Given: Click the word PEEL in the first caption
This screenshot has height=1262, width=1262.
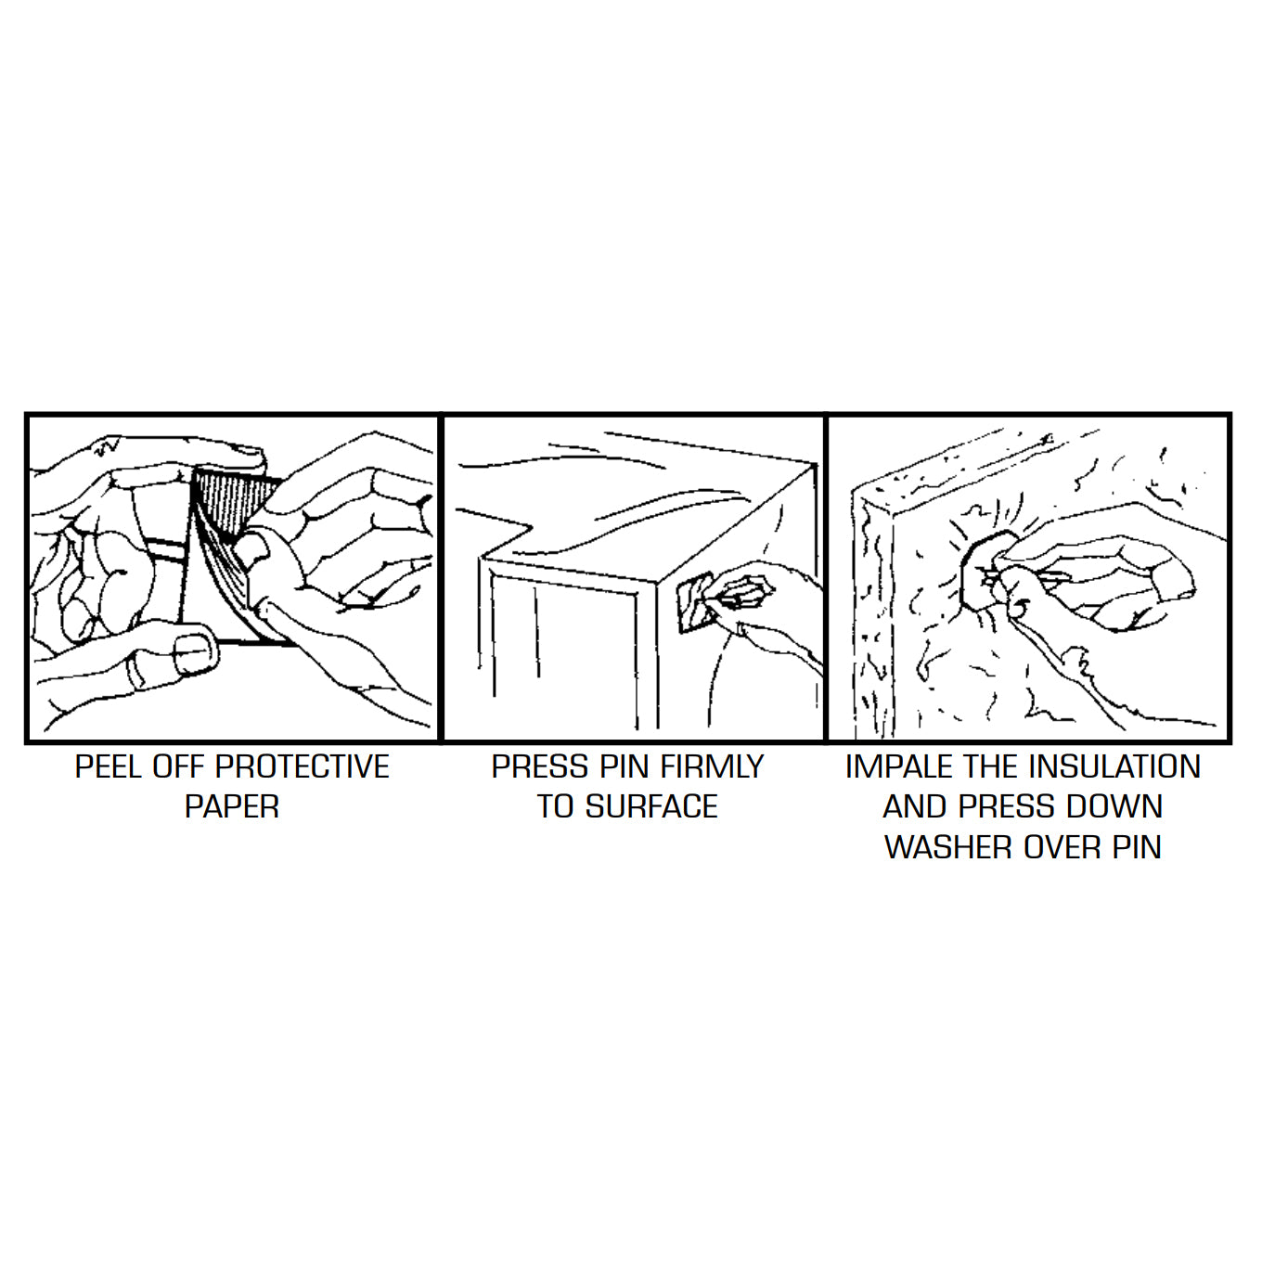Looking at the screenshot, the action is coord(109,766).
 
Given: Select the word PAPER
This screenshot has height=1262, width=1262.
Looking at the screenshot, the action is coord(232,806).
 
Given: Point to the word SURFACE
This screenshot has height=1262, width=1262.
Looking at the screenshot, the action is coord(651,806).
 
